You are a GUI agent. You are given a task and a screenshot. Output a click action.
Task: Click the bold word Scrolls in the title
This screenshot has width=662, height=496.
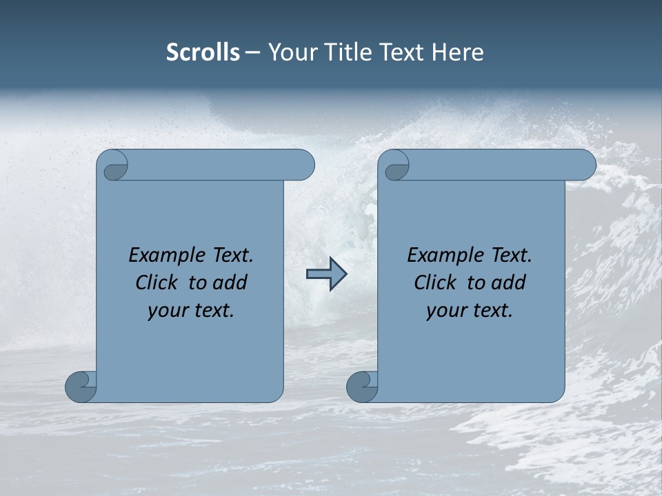coord(203,52)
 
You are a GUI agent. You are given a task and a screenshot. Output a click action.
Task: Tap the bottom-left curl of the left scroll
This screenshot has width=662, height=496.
coord(81,386)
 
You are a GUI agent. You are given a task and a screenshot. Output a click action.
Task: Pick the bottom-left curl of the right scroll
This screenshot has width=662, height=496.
coord(362,386)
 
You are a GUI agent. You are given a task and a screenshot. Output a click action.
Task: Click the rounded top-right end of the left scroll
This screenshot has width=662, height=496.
coord(303,165)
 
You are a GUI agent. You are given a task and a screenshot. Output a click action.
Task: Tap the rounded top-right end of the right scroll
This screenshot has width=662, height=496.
coord(585,165)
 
